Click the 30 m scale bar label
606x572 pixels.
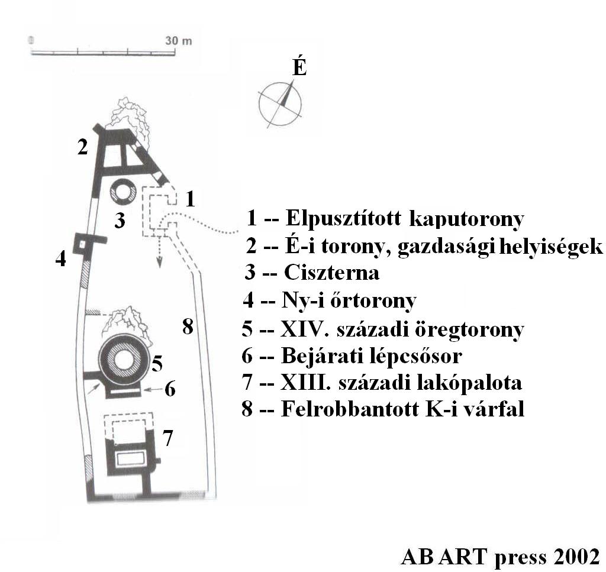point(179,41)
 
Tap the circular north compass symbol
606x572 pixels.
point(280,104)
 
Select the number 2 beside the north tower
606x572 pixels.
point(82,147)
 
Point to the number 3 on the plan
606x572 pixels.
point(120,220)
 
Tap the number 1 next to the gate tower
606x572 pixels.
point(190,199)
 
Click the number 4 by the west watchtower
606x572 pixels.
point(61,258)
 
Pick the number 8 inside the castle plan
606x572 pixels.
point(188,327)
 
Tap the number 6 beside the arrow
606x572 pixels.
point(170,389)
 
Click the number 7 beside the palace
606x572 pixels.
point(167,438)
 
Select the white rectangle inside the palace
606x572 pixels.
point(131,459)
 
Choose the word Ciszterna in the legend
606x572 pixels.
point(331,273)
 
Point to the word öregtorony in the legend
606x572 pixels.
point(469,330)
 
